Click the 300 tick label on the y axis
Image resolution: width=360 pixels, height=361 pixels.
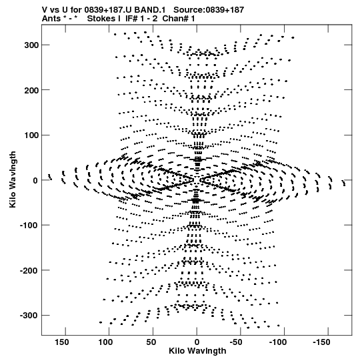(31, 45)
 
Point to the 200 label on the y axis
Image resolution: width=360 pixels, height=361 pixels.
(31, 90)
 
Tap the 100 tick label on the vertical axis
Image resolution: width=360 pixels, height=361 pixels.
(31, 135)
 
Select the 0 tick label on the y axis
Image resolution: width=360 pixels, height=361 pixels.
(35, 180)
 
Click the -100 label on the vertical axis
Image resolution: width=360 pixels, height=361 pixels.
(29, 226)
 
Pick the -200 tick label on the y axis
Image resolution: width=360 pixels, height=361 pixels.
(29, 270)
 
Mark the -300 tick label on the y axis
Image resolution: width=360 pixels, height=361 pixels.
(29, 316)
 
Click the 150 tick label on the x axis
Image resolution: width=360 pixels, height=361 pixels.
(62, 342)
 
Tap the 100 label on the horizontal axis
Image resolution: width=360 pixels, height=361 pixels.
(106, 342)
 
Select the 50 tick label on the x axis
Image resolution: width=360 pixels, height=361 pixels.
(151, 342)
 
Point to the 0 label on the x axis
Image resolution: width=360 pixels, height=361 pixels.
(197, 342)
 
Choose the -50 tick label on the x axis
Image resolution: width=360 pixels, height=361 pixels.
(236, 342)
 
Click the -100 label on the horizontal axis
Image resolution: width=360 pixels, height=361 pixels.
(277, 342)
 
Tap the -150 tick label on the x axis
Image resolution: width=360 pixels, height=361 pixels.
(321, 342)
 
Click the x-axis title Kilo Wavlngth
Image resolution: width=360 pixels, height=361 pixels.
(197, 351)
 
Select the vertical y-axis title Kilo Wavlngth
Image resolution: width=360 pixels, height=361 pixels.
(13, 179)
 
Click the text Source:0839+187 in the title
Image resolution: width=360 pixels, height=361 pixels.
(209, 10)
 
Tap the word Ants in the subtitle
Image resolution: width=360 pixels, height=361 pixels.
(51, 19)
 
